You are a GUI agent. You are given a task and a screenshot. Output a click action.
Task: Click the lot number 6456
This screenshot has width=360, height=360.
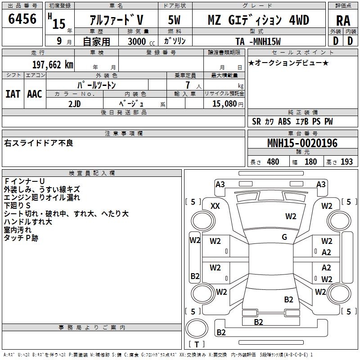pyautogui.click(x=22, y=19)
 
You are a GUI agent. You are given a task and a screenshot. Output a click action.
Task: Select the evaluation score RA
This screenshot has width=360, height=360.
pyautogui.click(x=343, y=21)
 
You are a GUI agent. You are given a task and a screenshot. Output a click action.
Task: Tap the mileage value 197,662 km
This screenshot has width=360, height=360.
pyautogui.click(x=53, y=64)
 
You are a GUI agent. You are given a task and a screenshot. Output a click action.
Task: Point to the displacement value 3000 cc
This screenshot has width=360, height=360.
pyautogui.click(x=138, y=41)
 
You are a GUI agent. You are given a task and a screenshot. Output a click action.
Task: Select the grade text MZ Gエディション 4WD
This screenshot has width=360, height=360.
pyautogui.click(x=258, y=20)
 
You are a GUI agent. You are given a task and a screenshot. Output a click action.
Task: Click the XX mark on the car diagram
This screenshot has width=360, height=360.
pyautogui.click(x=215, y=206)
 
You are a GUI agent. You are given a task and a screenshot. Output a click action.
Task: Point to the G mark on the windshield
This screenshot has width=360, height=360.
pyautogui.click(x=284, y=237)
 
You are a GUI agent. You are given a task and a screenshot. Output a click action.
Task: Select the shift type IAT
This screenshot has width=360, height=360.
pyautogui.click(x=13, y=94)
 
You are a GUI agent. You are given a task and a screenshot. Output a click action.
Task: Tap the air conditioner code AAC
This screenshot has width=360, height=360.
pyautogui.click(x=35, y=94)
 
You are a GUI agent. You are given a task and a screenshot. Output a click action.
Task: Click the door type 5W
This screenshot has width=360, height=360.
pyautogui.click(x=175, y=20)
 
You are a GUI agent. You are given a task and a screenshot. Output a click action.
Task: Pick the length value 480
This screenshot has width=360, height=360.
pyautogui.click(x=273, y=162)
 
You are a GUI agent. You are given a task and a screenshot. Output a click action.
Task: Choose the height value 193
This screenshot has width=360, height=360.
pyautogui.click(x=346, y=162)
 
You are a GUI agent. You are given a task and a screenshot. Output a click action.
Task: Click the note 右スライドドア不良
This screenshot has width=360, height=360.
pyautogui.click(x=39, y=143)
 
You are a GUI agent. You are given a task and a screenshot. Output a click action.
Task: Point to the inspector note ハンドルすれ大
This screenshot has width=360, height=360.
pyautogui.click(x=28, y=222)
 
